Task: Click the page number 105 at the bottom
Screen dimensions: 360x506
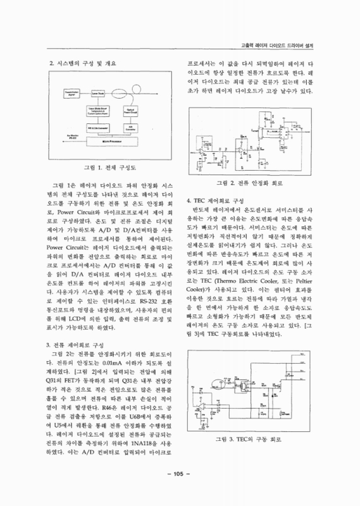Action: [180, 490]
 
